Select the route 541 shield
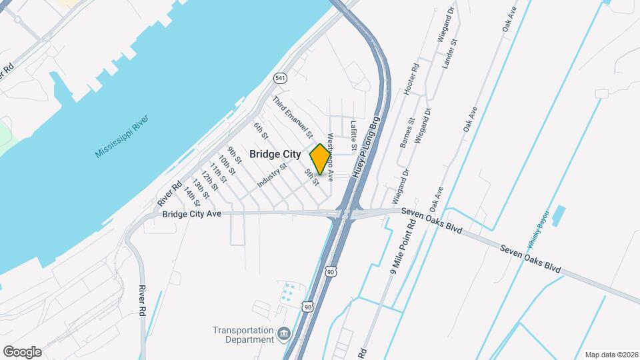281,78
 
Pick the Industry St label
271,175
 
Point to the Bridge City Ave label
191,214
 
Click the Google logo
23,352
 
